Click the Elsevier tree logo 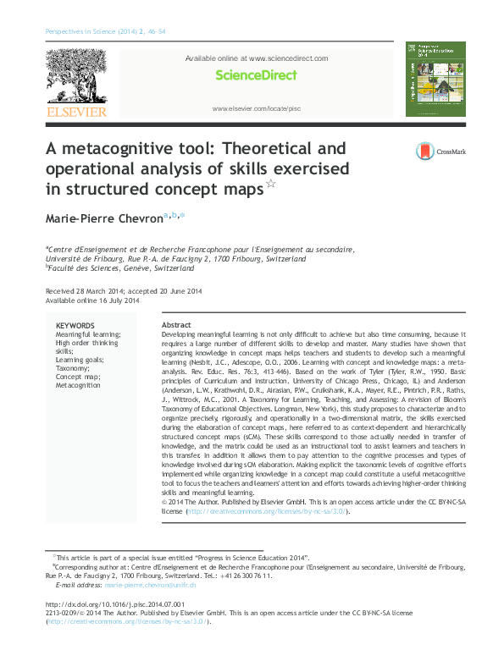point(75,77)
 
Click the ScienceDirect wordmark point(256,75)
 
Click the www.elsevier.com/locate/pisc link point(257,109)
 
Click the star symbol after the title point(271,184)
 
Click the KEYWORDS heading point(75,326)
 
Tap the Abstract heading point(176,326)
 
